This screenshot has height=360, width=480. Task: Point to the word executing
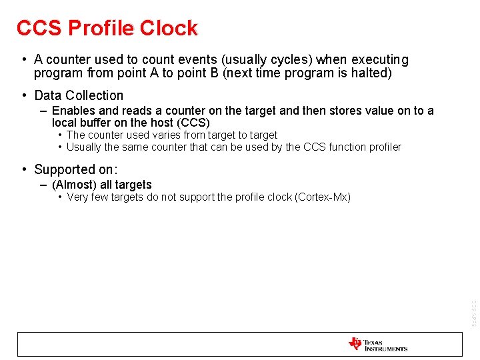click(377, 60)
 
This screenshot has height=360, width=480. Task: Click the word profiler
click(382, 147)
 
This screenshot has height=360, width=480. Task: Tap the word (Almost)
click(74, 185)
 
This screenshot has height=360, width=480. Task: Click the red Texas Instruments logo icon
click(355, 344)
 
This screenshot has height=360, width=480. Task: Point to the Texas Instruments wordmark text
click(385, 345)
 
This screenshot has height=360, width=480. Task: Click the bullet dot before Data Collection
click(23, 95)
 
